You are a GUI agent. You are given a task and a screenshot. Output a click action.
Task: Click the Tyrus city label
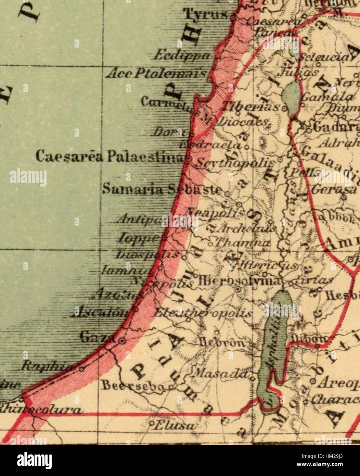(206, 14)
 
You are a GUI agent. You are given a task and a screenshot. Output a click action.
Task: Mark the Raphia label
(47, 366)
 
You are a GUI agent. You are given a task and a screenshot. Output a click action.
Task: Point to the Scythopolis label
(235, 163)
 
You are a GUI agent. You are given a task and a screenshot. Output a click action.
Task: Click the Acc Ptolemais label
(156, 73)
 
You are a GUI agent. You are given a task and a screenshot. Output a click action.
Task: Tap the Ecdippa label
(181, 55)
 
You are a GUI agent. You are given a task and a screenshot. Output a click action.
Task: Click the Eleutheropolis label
(203, 313)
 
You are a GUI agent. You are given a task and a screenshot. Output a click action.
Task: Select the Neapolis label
(217, 213)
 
